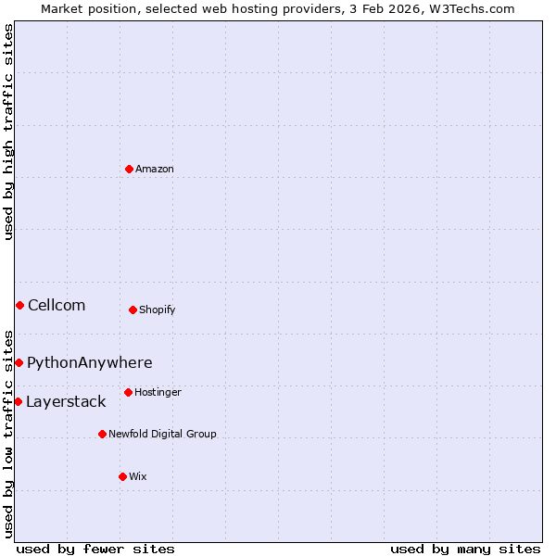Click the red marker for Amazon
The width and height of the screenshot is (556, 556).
(x=130, y=169)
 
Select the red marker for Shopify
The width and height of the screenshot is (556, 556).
(x=133, y=310)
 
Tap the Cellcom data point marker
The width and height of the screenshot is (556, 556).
(x=19, y=305)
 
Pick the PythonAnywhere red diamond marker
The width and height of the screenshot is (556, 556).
(x=19, y=362)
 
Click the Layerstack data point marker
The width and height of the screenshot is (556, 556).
(x=18, y=401)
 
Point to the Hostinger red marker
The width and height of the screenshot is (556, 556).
(x=128, y=392)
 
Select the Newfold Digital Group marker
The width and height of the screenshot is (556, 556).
(x=102, y=434)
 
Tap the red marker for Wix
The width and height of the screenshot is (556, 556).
(x=122, y=476)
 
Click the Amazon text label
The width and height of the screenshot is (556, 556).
(x=155, y=169)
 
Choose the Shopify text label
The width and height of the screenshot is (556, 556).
(x=158, y=310)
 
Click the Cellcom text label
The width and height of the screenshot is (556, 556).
(x=57, y=305)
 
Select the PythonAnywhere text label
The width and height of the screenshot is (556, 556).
(x=90, y=362)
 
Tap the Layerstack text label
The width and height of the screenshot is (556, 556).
(x=66, y=401)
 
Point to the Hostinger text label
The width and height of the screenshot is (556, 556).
(x=158, y=392)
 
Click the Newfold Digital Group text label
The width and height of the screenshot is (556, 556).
(x=162, y=434)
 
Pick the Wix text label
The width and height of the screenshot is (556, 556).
(x=137, y=476)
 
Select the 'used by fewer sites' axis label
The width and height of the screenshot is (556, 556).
(x=95, y=549)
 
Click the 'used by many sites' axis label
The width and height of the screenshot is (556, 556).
(x=465, y=549)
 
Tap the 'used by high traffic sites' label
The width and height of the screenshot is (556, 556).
(x=8, y=133)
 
